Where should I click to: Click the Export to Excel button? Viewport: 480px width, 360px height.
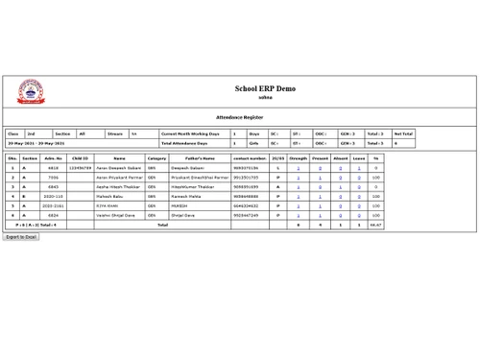tap(21, 236)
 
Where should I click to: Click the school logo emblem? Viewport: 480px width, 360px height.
tap(30, 93)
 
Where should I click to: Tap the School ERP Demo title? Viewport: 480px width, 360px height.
tap(265, 88)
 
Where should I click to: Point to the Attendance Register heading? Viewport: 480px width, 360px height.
tap(239, 116)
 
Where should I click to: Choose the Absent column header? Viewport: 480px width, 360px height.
tap(340, 157)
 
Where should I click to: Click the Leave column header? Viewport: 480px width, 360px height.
tap(359, 157)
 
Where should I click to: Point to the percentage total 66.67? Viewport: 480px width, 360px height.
tap(376, 225)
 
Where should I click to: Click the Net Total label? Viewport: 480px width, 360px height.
tap(402, 133)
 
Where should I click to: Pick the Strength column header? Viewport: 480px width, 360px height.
tap(299, 157)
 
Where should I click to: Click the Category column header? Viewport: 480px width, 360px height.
tap(156, 157)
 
